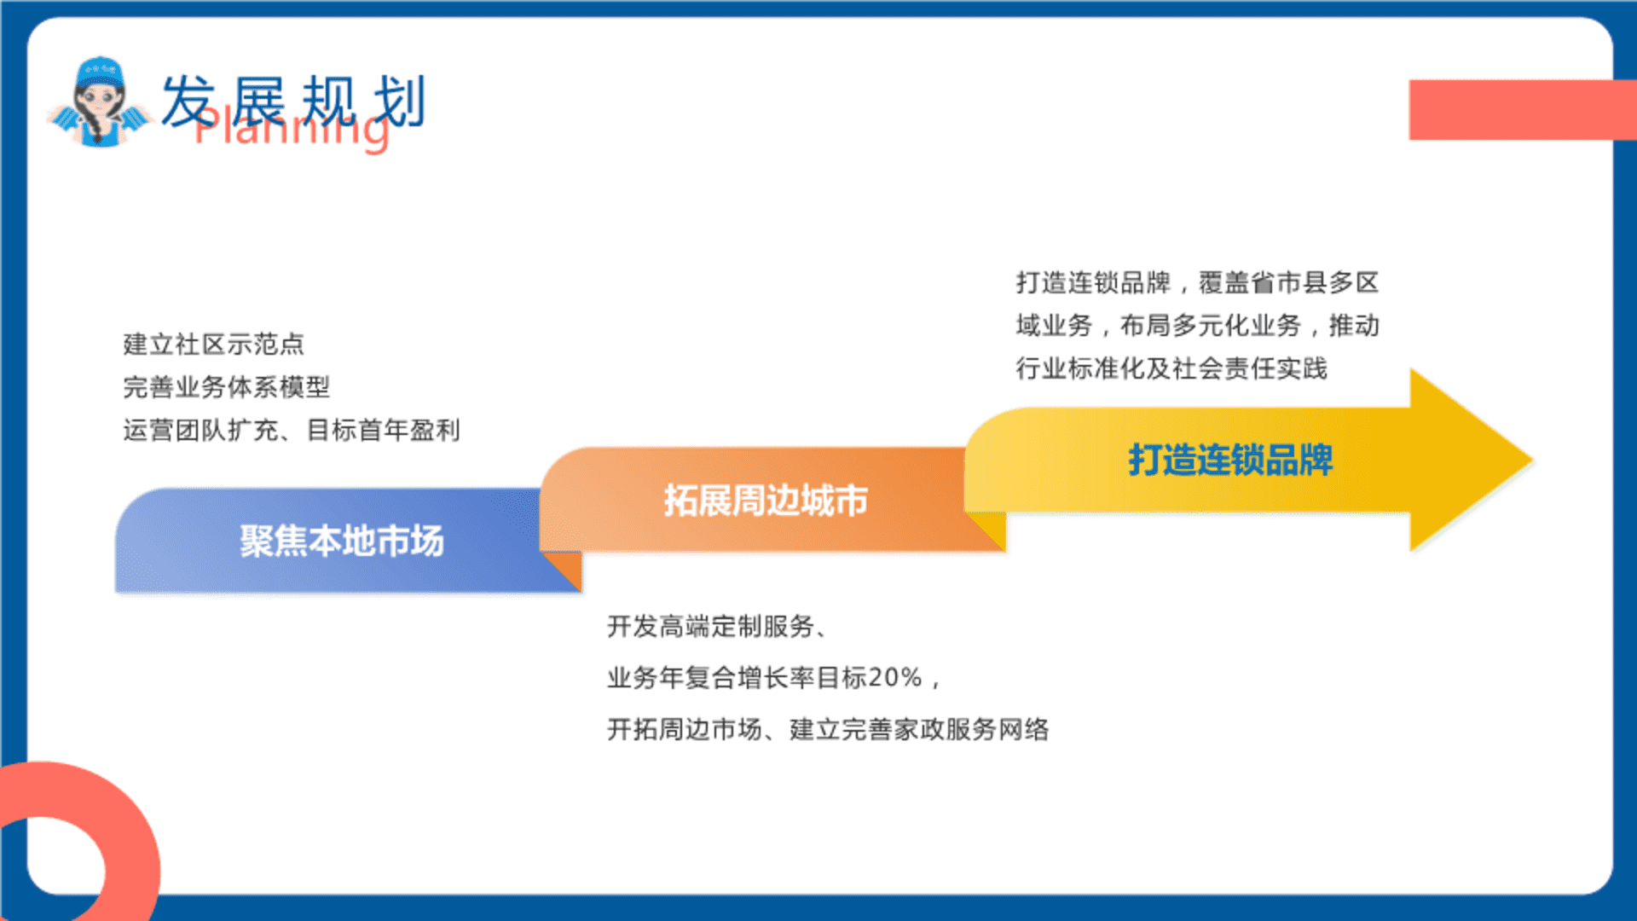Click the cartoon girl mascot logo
[99, 102]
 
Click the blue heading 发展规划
[292, 101]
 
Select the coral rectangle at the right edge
[1523, 110]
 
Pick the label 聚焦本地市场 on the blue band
[342, 541]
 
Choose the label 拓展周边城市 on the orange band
[766, 500]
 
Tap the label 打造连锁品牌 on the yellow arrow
[1230, 460]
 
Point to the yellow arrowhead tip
[1532, 460]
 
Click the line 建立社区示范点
[214, 344]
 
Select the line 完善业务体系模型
[227, 387]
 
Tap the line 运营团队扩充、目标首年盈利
[292, 430]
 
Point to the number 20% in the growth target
[896, 678]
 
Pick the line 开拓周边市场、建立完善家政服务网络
[828, 729]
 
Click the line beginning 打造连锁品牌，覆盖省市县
[1197, 282]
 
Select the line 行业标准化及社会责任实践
[1171, 368]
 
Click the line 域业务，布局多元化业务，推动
[1197, 325]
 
